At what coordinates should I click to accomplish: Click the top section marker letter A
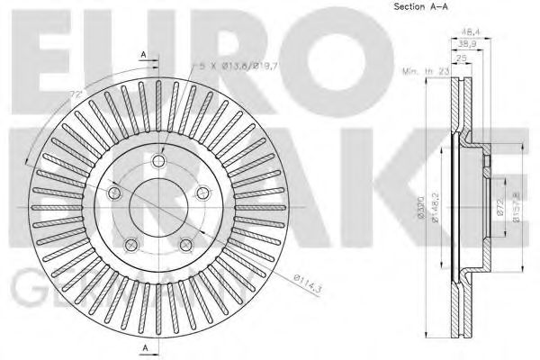coord(144,55)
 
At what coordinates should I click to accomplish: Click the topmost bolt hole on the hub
coord(159,161)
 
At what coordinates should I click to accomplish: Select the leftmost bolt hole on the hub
coord(115,193)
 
